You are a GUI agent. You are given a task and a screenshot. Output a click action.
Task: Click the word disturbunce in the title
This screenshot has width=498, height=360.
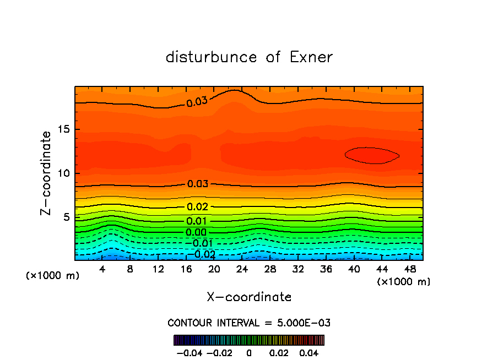[212, 57]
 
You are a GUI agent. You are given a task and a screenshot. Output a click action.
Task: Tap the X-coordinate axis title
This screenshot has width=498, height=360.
[249, 297]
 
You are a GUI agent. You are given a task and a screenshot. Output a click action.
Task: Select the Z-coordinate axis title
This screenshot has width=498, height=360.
[47, 173]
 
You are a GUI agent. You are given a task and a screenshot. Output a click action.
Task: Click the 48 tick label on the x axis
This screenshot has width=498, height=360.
[410, 269]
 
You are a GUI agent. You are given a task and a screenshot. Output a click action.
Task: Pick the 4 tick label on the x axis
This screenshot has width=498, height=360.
[102, 269]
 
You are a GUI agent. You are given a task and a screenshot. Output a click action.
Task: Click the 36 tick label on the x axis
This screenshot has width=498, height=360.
[326, 269]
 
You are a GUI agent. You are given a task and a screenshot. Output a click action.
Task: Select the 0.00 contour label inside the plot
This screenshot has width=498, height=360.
[196, 232]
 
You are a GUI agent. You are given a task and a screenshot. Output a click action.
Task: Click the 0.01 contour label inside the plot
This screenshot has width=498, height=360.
[197, 221]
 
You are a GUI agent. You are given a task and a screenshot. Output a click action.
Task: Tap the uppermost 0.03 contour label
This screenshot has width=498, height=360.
[197, 101]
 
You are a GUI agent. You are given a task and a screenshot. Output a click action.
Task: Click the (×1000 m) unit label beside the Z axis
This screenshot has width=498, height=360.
[53, 276]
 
